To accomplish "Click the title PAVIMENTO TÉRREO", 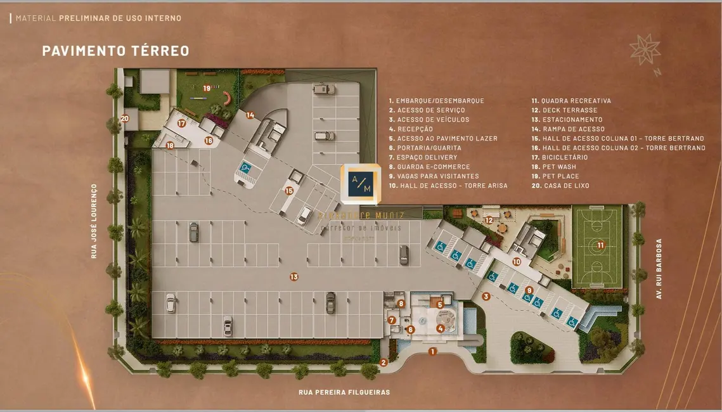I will (x=115, y=51).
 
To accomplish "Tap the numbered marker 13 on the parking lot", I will (x=293, y=276).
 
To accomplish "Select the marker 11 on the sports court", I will (x=600, y=245).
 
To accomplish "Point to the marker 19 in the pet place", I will (x=207, y=88).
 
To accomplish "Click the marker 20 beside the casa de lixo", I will (x=125, y=118).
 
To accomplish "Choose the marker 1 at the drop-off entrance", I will (x=432, y=351).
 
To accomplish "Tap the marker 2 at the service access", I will (x=384, y=362).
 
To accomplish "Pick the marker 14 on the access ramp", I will (x=250, y=115).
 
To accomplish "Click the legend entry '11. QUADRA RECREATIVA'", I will (x=571, y=101).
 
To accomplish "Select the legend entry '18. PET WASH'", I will (x=553, y=167).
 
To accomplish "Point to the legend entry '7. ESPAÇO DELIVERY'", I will (x=423, y=157).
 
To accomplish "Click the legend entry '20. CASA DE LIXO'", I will (x=560, y=186).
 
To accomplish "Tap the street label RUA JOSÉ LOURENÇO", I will (x=94, y=221).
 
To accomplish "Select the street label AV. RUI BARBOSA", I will (x=659, y=269).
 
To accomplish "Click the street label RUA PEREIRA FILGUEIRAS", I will (x=344, y=392).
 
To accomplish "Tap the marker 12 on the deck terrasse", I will (x=489, y=220).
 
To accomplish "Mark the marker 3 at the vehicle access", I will (x=486, y=296).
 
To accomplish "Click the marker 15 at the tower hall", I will (x=289, y=190).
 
